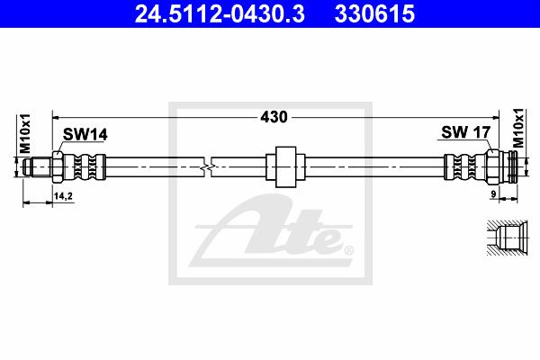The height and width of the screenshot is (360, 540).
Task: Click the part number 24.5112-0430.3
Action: (220, 14)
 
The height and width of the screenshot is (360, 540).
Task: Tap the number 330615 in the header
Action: (374, 14)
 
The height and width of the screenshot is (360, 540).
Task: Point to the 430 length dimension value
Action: (274, 117)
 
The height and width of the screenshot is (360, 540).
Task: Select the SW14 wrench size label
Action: (85, 134)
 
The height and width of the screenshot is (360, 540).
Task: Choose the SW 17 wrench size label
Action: (465, 132)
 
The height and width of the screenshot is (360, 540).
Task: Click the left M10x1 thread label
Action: (25, 134)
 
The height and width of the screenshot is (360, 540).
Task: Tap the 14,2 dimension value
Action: (63, 196)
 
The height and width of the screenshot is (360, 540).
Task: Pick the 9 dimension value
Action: (493, 194)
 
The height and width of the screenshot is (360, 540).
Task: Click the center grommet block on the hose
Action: (286, 167)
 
